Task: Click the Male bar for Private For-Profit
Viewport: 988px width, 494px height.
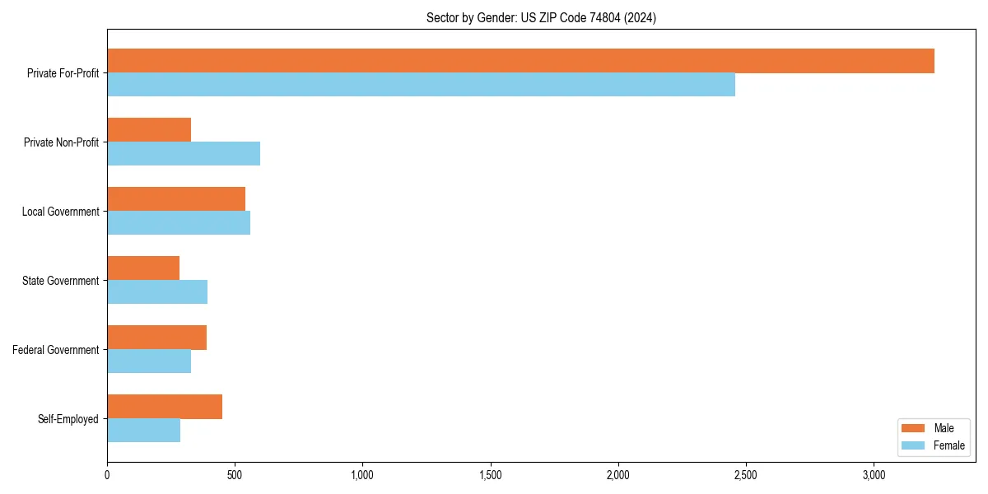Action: (520, 61)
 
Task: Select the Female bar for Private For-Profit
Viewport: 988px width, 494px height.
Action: (421, 85)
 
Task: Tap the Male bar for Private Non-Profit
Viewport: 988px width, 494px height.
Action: (149, 130)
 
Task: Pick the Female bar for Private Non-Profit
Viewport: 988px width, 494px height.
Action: (184, 154)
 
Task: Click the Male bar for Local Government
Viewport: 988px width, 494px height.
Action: (176, 199)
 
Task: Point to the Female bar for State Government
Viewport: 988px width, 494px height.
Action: (157, 292)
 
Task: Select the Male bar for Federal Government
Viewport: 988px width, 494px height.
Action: (156, 338)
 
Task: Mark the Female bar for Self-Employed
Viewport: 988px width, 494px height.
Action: (143, 431)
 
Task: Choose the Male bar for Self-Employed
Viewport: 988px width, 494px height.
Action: (165, 407)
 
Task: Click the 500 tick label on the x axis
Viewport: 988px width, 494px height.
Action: (235, 475)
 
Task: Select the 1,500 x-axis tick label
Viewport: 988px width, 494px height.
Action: (491, 475)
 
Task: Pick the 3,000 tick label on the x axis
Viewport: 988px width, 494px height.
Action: (874, 475)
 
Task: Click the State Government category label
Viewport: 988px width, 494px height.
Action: (60, 281)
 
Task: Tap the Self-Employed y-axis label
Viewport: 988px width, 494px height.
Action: (68, 419)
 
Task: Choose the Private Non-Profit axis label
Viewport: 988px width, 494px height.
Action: (61, 142)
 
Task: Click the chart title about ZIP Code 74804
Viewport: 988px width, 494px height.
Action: (541, 17)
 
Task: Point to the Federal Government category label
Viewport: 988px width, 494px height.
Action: (55, 350)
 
